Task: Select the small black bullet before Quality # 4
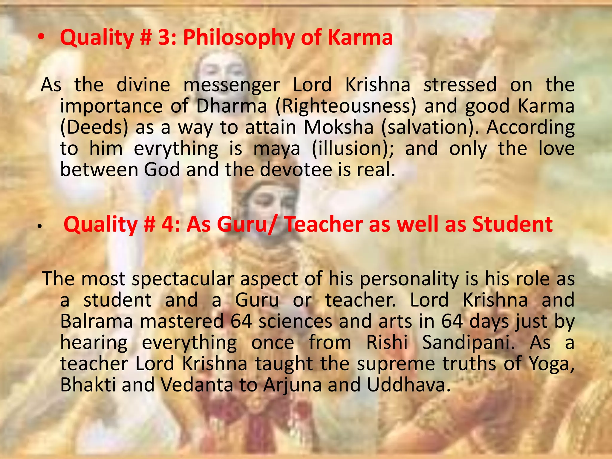(39, 228)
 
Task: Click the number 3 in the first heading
(163, 38)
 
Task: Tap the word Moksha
(339, 127)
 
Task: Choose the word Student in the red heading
(512, 224)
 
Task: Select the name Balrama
(97, 322)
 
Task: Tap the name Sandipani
(468, 343)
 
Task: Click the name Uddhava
(408, 385)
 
